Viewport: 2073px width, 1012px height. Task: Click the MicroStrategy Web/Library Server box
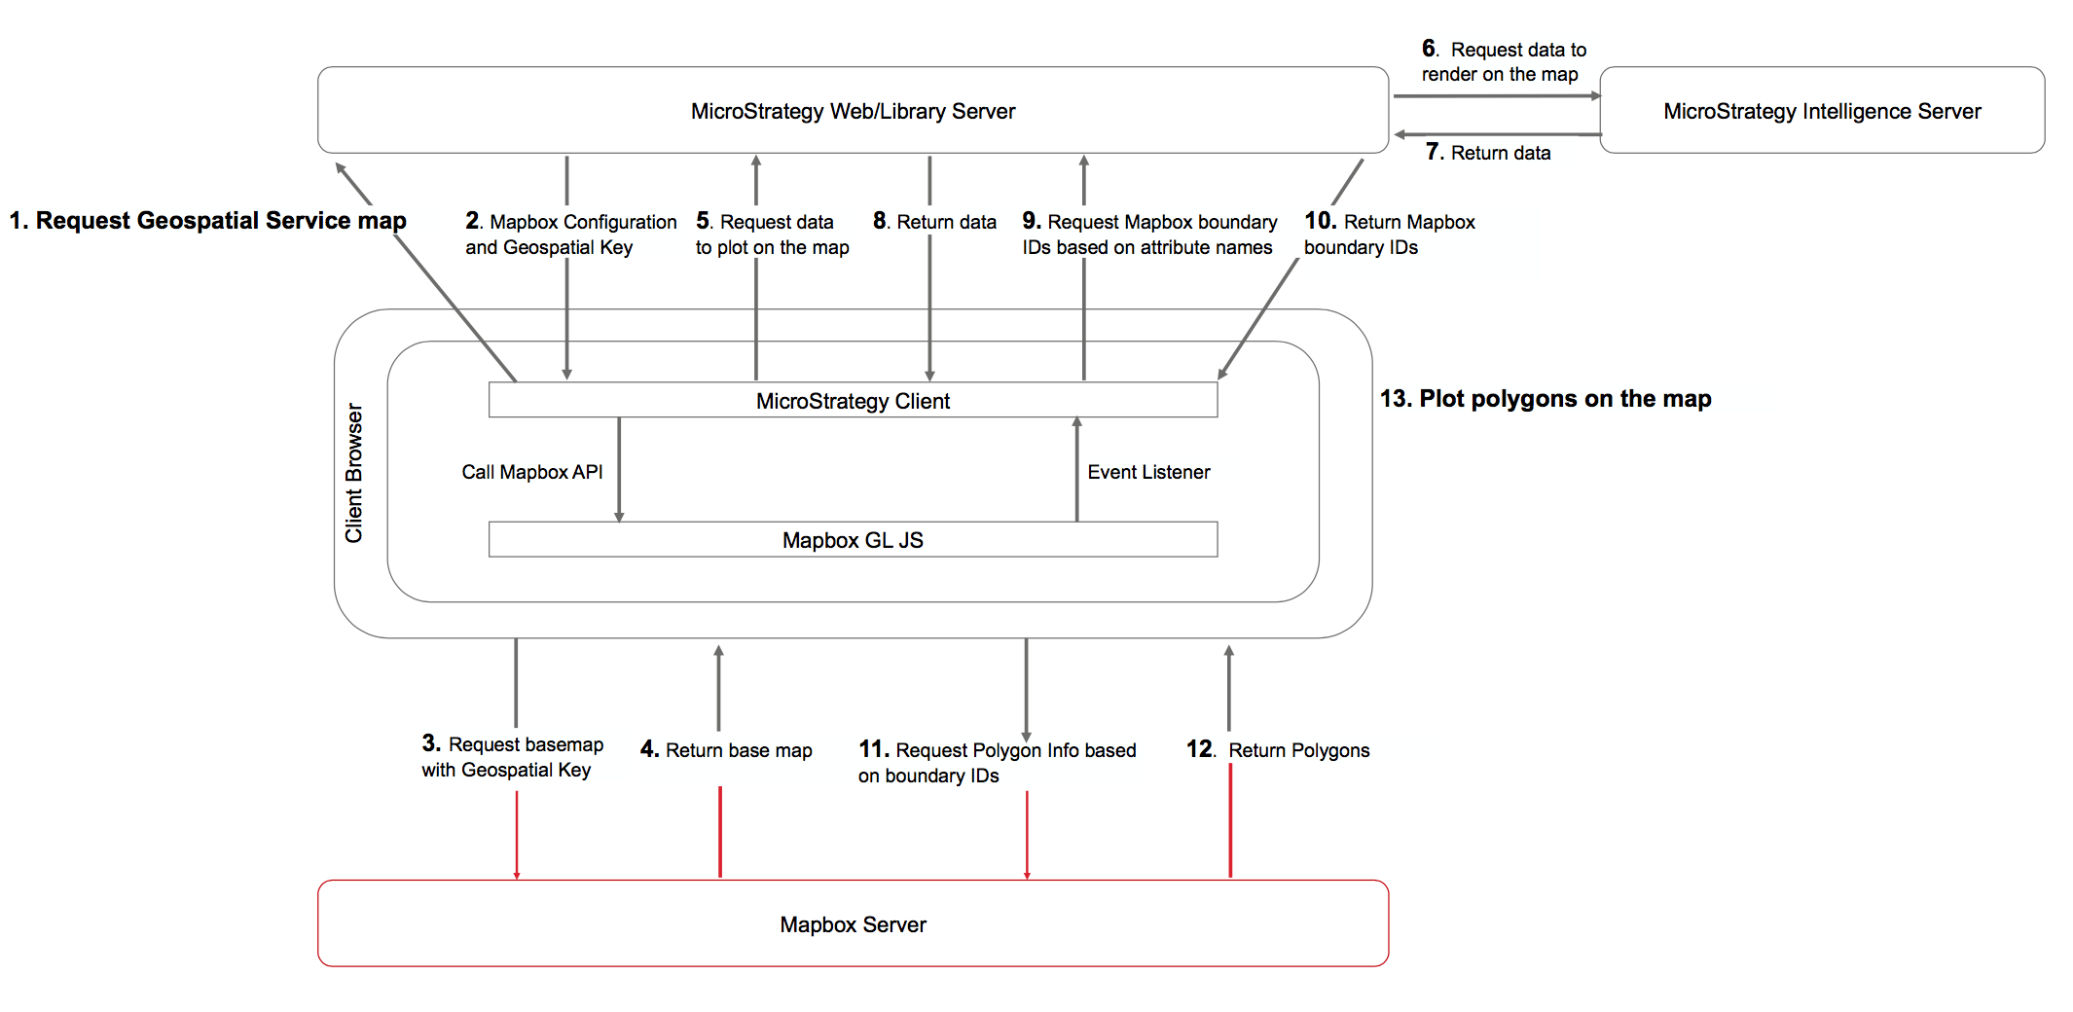pos(853,111)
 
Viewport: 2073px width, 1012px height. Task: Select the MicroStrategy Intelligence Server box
pos(1822,111)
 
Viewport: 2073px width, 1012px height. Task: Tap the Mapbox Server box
pos(853,923)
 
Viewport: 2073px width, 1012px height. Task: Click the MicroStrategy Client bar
pos(853,400)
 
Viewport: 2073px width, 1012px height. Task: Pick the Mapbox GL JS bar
pos(853,540)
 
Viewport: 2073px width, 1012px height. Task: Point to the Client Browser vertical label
pos(353,473)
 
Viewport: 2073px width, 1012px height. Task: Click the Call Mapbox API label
pos(531,472)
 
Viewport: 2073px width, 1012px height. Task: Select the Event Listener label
pos(1148,472)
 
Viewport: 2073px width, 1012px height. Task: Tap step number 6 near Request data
pos(1429,48)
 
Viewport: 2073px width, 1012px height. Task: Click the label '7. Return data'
pos(1488,152)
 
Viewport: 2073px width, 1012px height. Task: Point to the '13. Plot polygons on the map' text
pos(1546,398)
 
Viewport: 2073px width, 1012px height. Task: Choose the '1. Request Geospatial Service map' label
pos(207,221)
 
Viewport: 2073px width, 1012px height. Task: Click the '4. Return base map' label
pos(726,750)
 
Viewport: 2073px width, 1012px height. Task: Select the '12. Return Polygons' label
pos(1278,750)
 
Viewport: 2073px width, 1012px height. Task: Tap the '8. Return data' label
pos(934,222)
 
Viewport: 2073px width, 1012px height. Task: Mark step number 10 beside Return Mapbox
pos(1320,221)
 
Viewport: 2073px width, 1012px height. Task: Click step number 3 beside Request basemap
pos(431,743)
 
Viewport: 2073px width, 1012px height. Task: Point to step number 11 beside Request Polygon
pos(873,749)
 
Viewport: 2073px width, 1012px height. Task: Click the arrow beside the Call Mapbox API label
pos(619,470)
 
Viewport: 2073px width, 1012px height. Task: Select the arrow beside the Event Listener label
pos(1076,470)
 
